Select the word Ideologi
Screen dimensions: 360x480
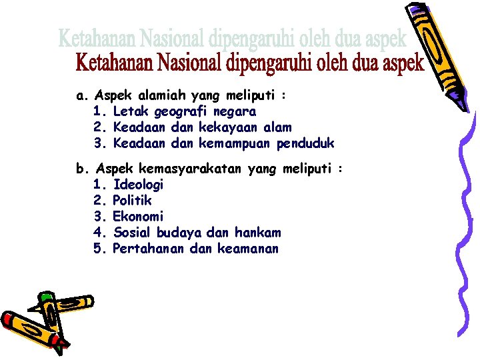pyautogui.click(x=138, y=185)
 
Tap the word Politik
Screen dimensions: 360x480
pyautogui.click(x=132, y=201)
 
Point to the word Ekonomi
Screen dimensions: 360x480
pyautogui.click(x=138, y=217)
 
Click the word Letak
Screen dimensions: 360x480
pyautogui.click(x=129, y=111)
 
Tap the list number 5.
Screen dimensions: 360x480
pyautogui.click(x=98, y=249)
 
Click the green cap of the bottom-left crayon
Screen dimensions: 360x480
pyautogui.click(x=46, y=296)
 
